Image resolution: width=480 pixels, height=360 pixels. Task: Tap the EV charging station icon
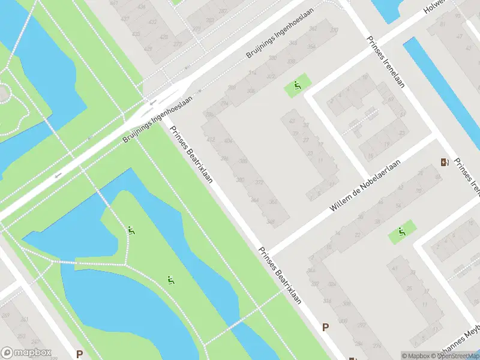(x=445, y=162)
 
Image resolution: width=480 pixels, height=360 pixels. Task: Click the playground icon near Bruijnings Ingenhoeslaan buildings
(x=297, y=88)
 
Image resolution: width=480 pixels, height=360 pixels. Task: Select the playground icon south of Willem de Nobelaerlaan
(x=401, y=232)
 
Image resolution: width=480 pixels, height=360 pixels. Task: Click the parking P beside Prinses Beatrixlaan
(x=326, y=327)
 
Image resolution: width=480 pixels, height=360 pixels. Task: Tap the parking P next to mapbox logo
(x=78, y=354)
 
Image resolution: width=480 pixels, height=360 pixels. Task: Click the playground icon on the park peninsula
(x=131, y=230)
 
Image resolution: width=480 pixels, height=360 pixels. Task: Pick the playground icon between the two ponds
(x=171, y=280)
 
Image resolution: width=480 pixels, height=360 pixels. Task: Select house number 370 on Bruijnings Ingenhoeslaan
(x=334, y=30)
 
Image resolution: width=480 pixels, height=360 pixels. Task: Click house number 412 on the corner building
(x=211, y=140)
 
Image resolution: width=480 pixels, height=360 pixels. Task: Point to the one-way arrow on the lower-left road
(x=58, y=175)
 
